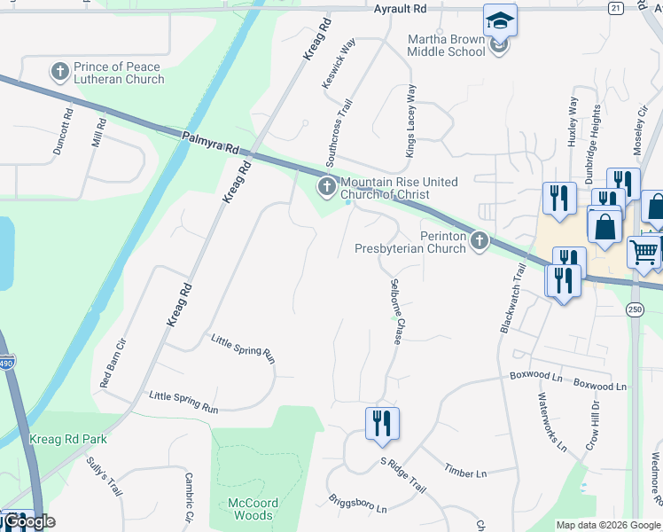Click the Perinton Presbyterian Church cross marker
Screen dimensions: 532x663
[480, 239]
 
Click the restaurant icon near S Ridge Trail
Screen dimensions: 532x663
[382, 423]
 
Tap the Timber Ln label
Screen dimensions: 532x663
[465, 473]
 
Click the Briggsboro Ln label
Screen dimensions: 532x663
[357, 504]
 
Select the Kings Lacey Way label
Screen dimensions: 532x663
[410, 121]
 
